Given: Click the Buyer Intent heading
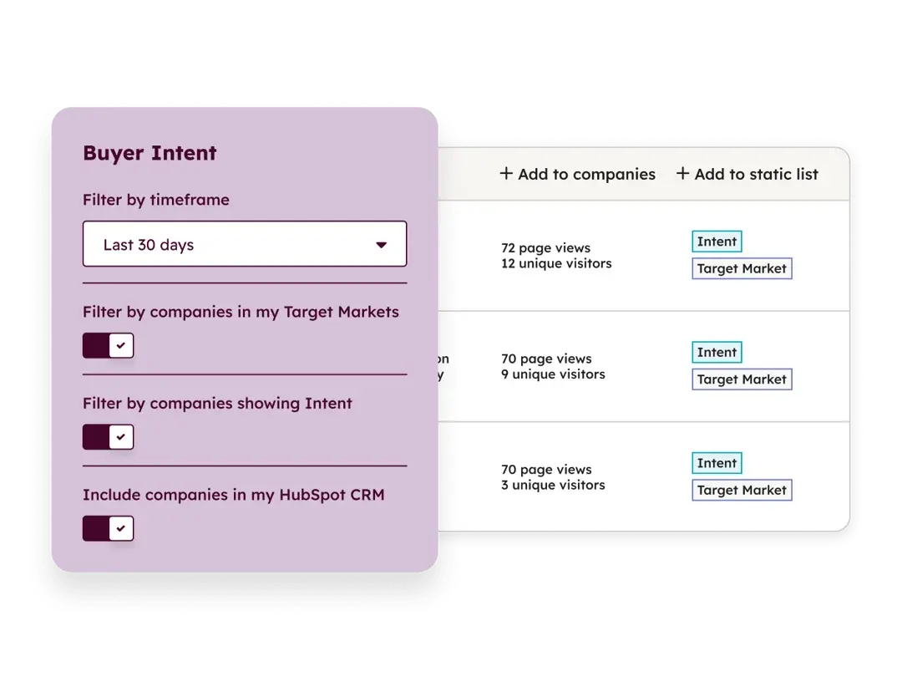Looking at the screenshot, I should click(x=149, y=153).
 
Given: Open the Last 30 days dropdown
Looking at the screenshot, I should click(x=244, y=244).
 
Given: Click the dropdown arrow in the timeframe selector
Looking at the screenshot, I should click(x=382, y=245).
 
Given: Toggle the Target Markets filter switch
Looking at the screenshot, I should click(x=108, y=345).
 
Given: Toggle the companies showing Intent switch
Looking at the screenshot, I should click(x=108, y=436).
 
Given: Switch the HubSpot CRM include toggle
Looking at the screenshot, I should click(x=108, y=528).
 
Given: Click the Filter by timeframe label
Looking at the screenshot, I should click(x=155, y=200).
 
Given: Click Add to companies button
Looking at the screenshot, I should click(x=578, y=174).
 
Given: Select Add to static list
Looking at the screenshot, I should click(x=747, y=174).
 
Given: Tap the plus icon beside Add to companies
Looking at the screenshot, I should click(x=506, y=174).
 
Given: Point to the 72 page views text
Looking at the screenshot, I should click(x=545, y=248).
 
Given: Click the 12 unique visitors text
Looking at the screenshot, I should click(x=556, y=263).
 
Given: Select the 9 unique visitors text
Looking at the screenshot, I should click(x=553, y=374).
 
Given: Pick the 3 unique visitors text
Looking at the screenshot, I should click(x=553, y=485).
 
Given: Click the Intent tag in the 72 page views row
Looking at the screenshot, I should click(x=717, y=242).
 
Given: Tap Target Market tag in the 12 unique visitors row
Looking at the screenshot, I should click(x=742, y=268).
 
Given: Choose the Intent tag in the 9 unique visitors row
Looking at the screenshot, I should click(x=717, y=353).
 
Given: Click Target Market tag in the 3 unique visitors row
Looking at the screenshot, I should click(x=742, y=490).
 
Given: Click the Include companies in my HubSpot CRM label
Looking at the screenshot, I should click(x=233, y=495).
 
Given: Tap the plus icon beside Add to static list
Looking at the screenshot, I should click(x=683, y=174).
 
